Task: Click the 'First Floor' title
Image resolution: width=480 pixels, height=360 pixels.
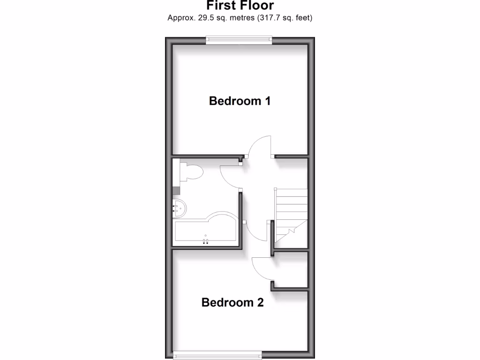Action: point(240,6)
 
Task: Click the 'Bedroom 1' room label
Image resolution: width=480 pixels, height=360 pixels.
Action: point(240,101)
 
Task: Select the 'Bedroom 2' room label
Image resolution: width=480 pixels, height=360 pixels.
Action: point(232,302)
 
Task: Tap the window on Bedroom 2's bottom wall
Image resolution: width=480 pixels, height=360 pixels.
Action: point(217,356)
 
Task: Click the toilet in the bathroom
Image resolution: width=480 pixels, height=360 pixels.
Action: point(192,172)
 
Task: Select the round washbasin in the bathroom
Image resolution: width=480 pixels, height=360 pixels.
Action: point(179,206)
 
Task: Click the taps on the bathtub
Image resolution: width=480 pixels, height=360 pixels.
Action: point(205,241)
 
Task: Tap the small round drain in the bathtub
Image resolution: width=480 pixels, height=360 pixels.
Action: point(205,234)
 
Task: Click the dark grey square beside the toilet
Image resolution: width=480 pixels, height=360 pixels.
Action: point(176,190)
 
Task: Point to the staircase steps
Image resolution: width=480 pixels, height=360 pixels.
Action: point(291,206)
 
